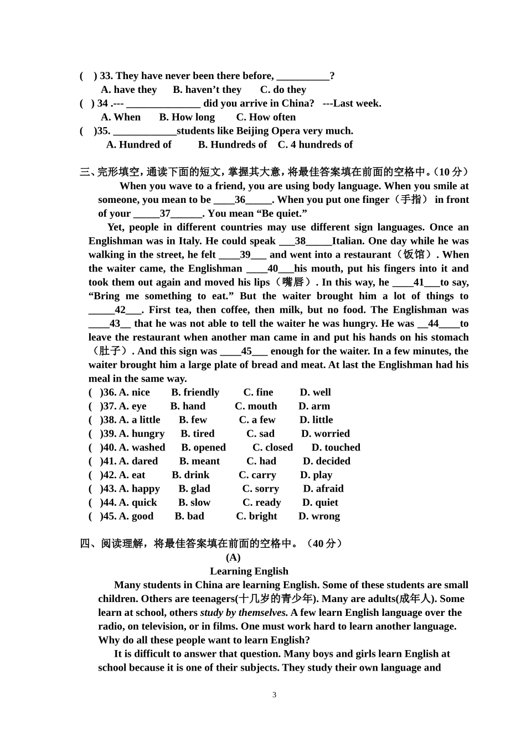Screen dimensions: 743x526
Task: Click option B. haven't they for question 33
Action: (207, 90)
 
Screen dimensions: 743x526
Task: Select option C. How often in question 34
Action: (266, 117)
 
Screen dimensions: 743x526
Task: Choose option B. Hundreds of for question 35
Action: (232, 145)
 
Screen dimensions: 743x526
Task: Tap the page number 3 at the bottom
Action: (274, 695)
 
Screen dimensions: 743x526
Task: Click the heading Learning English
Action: (249, 571)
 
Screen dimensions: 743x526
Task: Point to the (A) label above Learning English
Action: (233, 557)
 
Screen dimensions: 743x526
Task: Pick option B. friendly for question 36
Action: (195, 393)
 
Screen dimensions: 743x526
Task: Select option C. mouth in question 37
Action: (256, 406)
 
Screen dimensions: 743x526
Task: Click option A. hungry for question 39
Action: (142, 434)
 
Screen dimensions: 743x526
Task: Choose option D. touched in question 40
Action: (336, 448)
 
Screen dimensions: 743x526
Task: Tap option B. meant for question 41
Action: (199, 461)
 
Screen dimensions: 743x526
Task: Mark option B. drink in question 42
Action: (190, 475)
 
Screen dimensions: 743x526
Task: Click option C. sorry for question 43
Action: (260, 489)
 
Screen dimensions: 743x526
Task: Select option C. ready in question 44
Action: (261, 503)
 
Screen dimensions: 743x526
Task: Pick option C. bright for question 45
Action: (256, 516)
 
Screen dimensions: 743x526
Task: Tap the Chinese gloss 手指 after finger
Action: (410, 200)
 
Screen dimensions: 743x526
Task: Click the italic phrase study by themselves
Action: (244, 613)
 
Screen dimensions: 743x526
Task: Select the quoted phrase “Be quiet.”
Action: (282, 213)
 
